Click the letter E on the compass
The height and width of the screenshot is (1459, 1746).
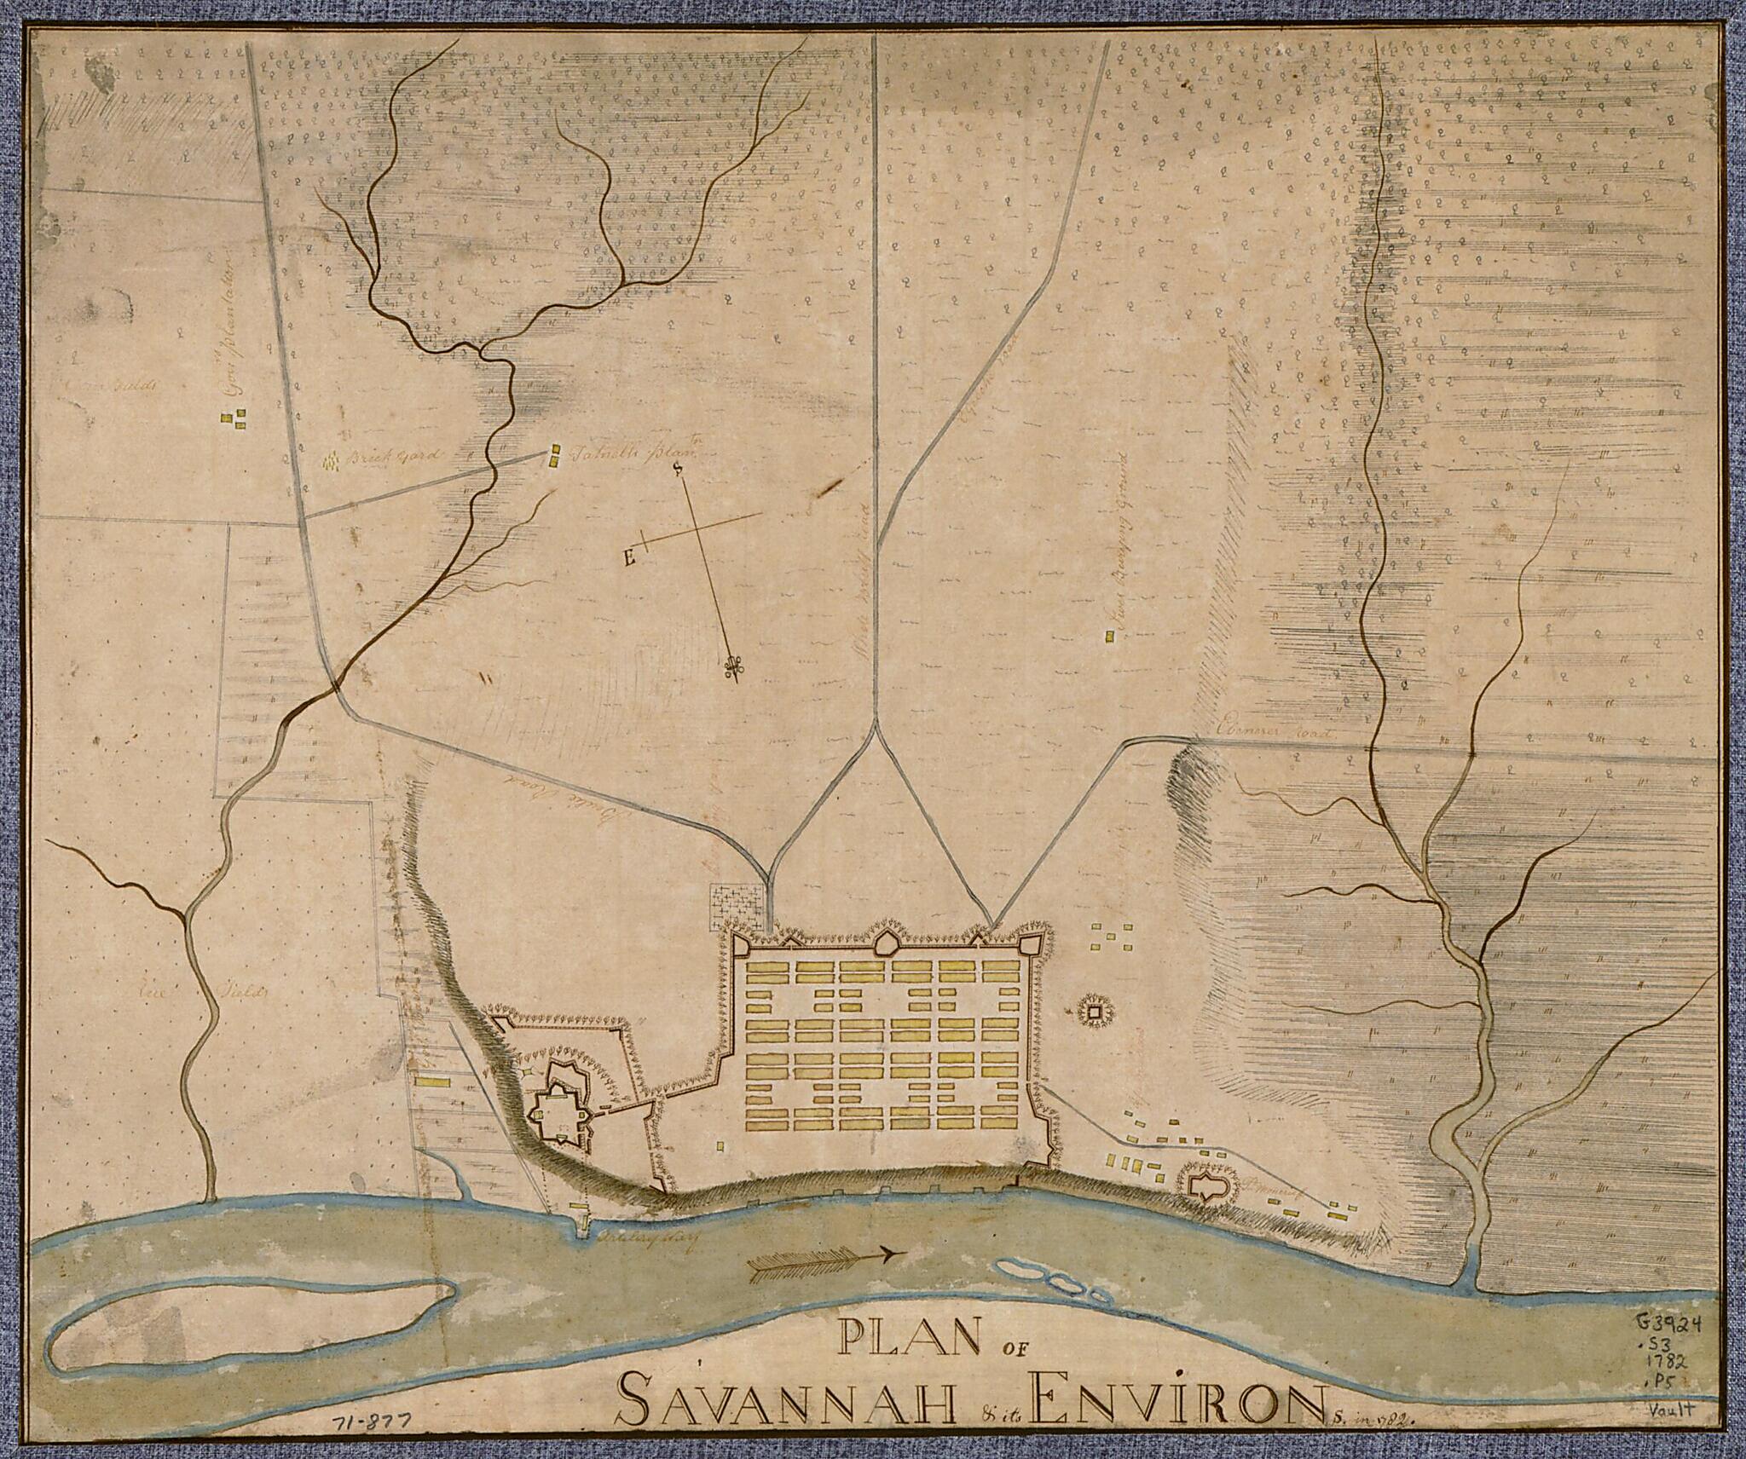(630, 558)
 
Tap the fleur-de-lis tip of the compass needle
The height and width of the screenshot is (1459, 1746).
(731, 670)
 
